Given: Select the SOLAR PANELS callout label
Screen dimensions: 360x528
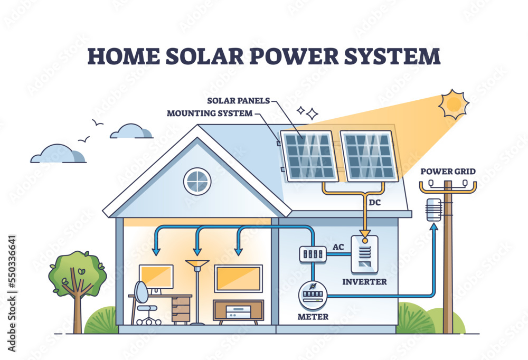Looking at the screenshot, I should click(x=239, y=100).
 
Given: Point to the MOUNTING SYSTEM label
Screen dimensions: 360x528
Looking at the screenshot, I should click(x=210, y=113).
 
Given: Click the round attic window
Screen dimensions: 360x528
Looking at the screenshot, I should click(x=197, y=181).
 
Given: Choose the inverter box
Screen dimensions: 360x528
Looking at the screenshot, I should click(x=365, y=254).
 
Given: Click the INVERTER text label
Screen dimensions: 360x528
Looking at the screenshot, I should click(x=365, y=281).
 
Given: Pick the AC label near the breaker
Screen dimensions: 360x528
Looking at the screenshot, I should click(x=339, y=247).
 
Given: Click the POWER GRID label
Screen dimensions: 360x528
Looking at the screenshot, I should click(x=448, y=171).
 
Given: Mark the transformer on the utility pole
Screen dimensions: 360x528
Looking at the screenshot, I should click(x=433, y=209).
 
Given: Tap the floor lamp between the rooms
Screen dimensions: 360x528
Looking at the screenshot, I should click(x=197, y=290).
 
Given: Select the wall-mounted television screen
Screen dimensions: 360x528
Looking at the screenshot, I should click(x=238, y=278).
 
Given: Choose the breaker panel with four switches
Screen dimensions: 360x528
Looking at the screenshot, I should click(x=311, y=254).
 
